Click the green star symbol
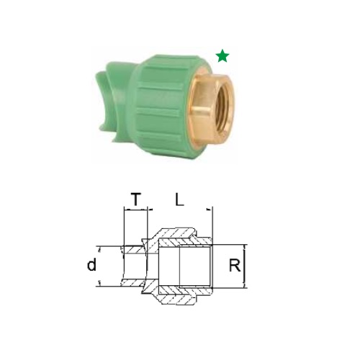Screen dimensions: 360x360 pyautogui.click(x=222, y=56)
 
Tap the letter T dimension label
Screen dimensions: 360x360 pyautogui.click(x=136, y=199)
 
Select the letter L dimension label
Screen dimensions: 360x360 pyautogui.click(x=179, y=199)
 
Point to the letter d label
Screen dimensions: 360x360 pyautogui.click(x=91, y=265)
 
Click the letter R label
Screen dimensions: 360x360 pyautogui.click(x=235, y=266)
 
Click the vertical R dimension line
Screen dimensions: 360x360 pyautogui.click(x=245, y=266)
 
